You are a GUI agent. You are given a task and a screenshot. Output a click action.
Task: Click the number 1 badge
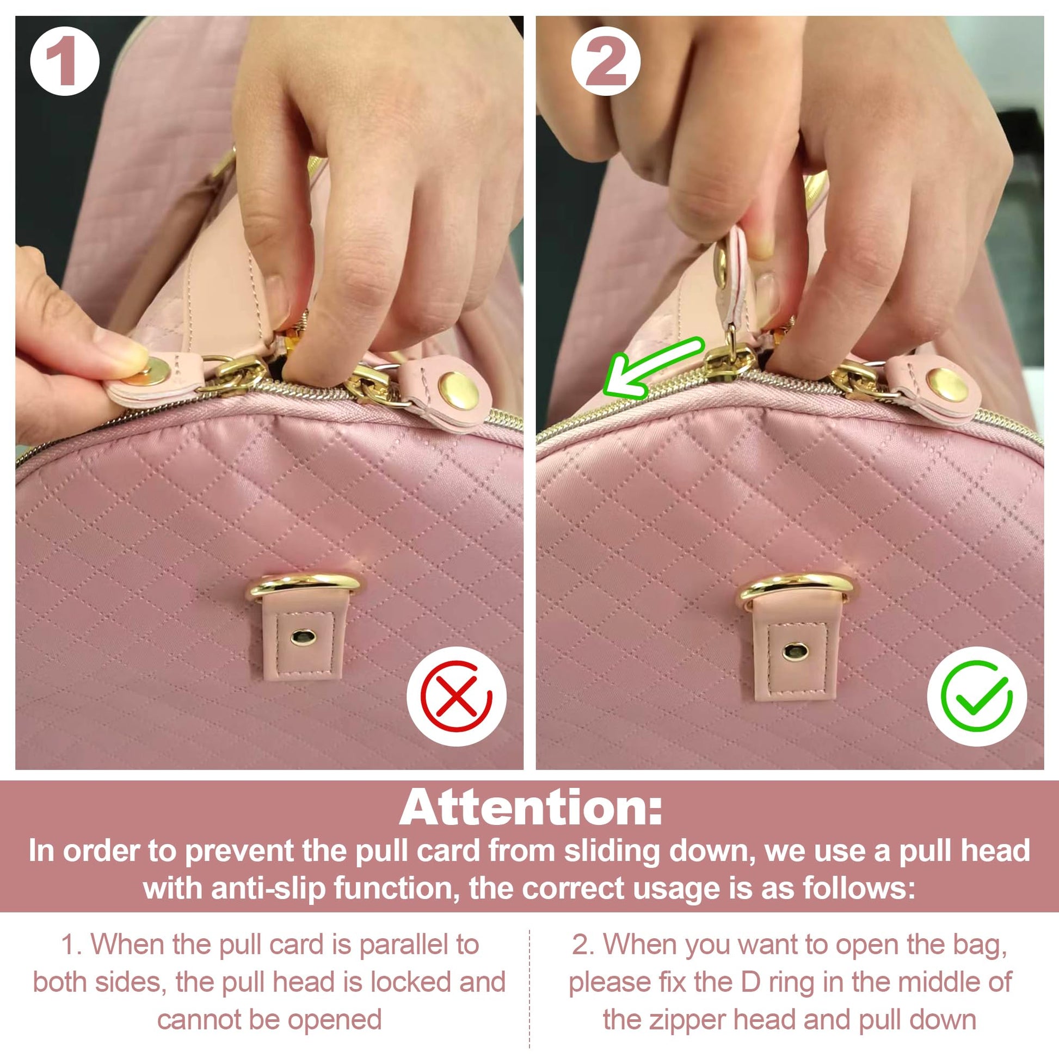(65, 60)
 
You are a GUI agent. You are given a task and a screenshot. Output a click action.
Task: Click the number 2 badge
(606, 60)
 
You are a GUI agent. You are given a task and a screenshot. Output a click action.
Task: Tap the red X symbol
(457, 696)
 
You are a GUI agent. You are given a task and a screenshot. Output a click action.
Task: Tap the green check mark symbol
(976, 696)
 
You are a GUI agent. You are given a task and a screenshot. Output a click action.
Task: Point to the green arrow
(652, 368)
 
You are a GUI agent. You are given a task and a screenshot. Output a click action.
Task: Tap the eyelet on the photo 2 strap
(796, 651)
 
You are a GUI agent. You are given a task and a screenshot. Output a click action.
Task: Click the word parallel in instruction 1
(397, 944)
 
